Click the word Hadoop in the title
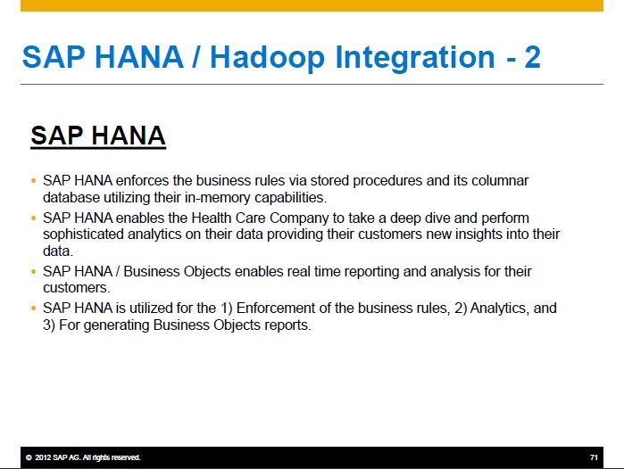[267, 58]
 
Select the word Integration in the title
[415, 58]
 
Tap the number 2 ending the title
[532, 57]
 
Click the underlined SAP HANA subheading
[98, 136]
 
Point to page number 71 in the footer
[594, 457]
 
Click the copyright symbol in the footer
[29, 457]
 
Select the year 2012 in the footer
[43, 457]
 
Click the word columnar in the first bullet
[500, 181]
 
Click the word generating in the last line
[117, 325]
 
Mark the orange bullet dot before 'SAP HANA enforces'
[33, 181]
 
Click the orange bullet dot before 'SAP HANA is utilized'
[33, 309]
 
